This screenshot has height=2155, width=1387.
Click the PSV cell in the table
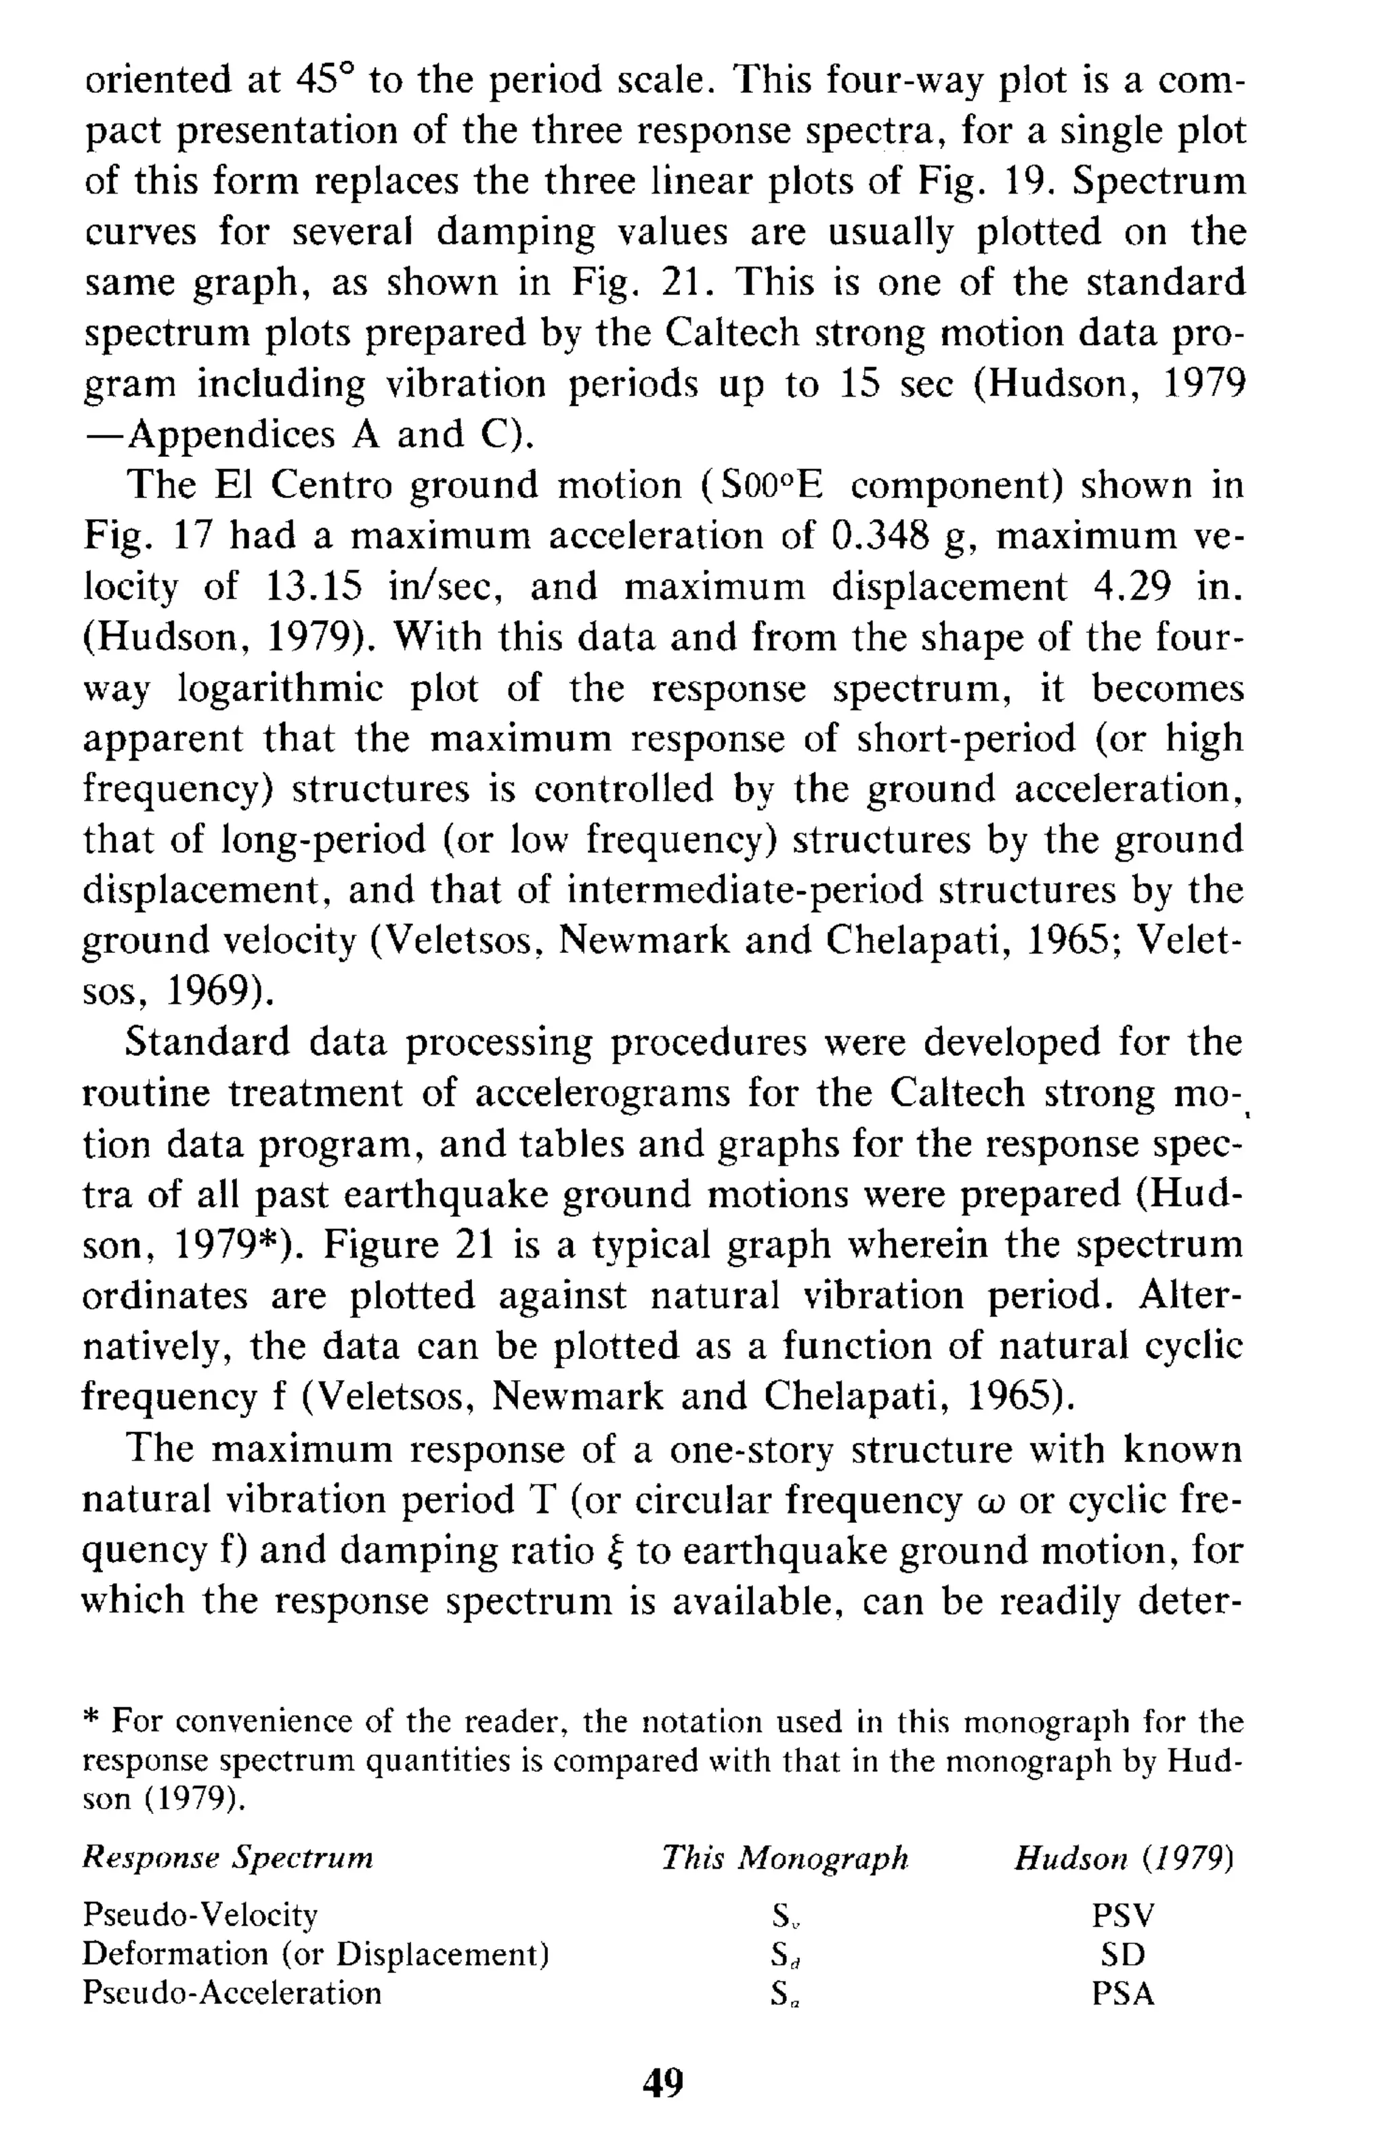1122,1915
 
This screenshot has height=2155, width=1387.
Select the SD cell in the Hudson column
1122,1953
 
